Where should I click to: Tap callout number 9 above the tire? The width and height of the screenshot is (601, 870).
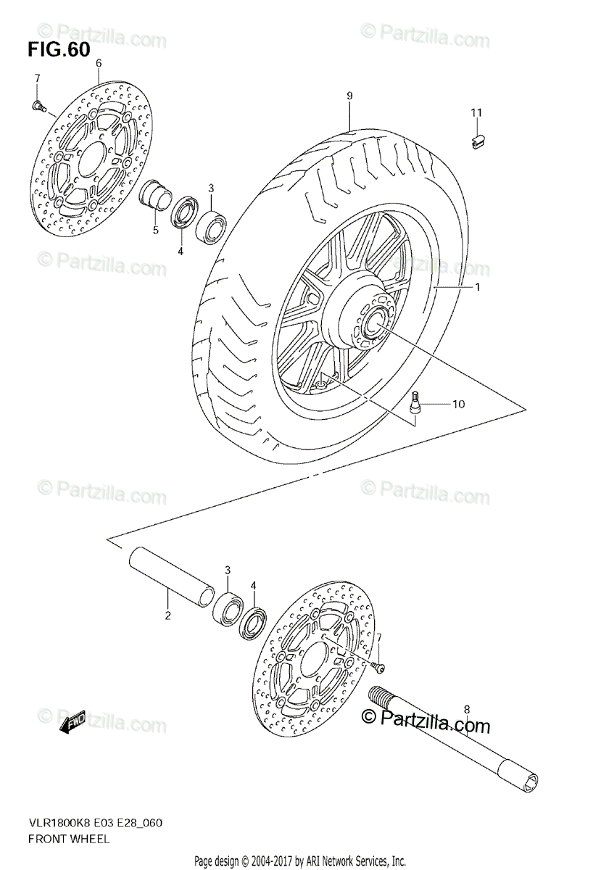pyautogui.click(x=349, y=96)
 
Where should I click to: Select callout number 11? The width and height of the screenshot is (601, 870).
pyautogui.click(x=476, y=112)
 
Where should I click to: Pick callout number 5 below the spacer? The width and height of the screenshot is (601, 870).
pyautogui.click(x=154, y=231)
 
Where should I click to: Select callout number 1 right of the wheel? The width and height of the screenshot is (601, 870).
pyautogui.click(x=478, y=287)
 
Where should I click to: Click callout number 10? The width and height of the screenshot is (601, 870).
pyautogui.click(x=459, y=404)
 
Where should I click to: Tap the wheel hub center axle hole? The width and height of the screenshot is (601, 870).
pyautogui.click(x=378, y=320)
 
